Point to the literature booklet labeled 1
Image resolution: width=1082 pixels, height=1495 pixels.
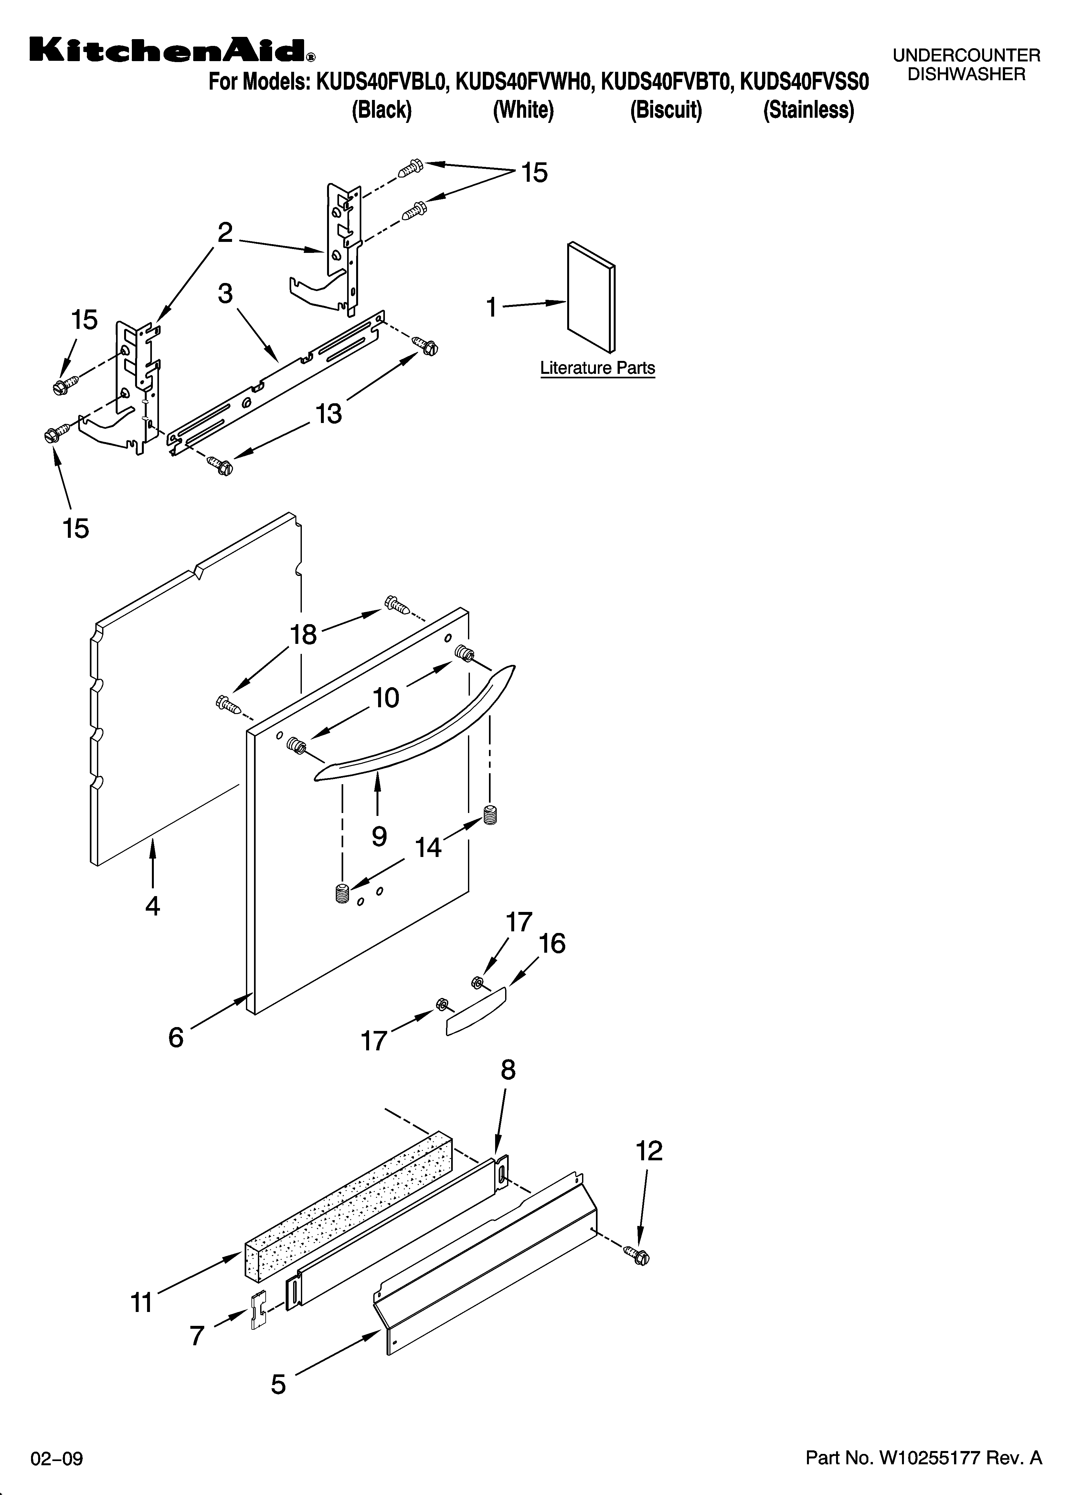(x=591, y=297)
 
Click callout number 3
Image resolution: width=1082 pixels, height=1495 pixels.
(x=225, y=293)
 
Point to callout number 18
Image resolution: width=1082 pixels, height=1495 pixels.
(x=304, y=634)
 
